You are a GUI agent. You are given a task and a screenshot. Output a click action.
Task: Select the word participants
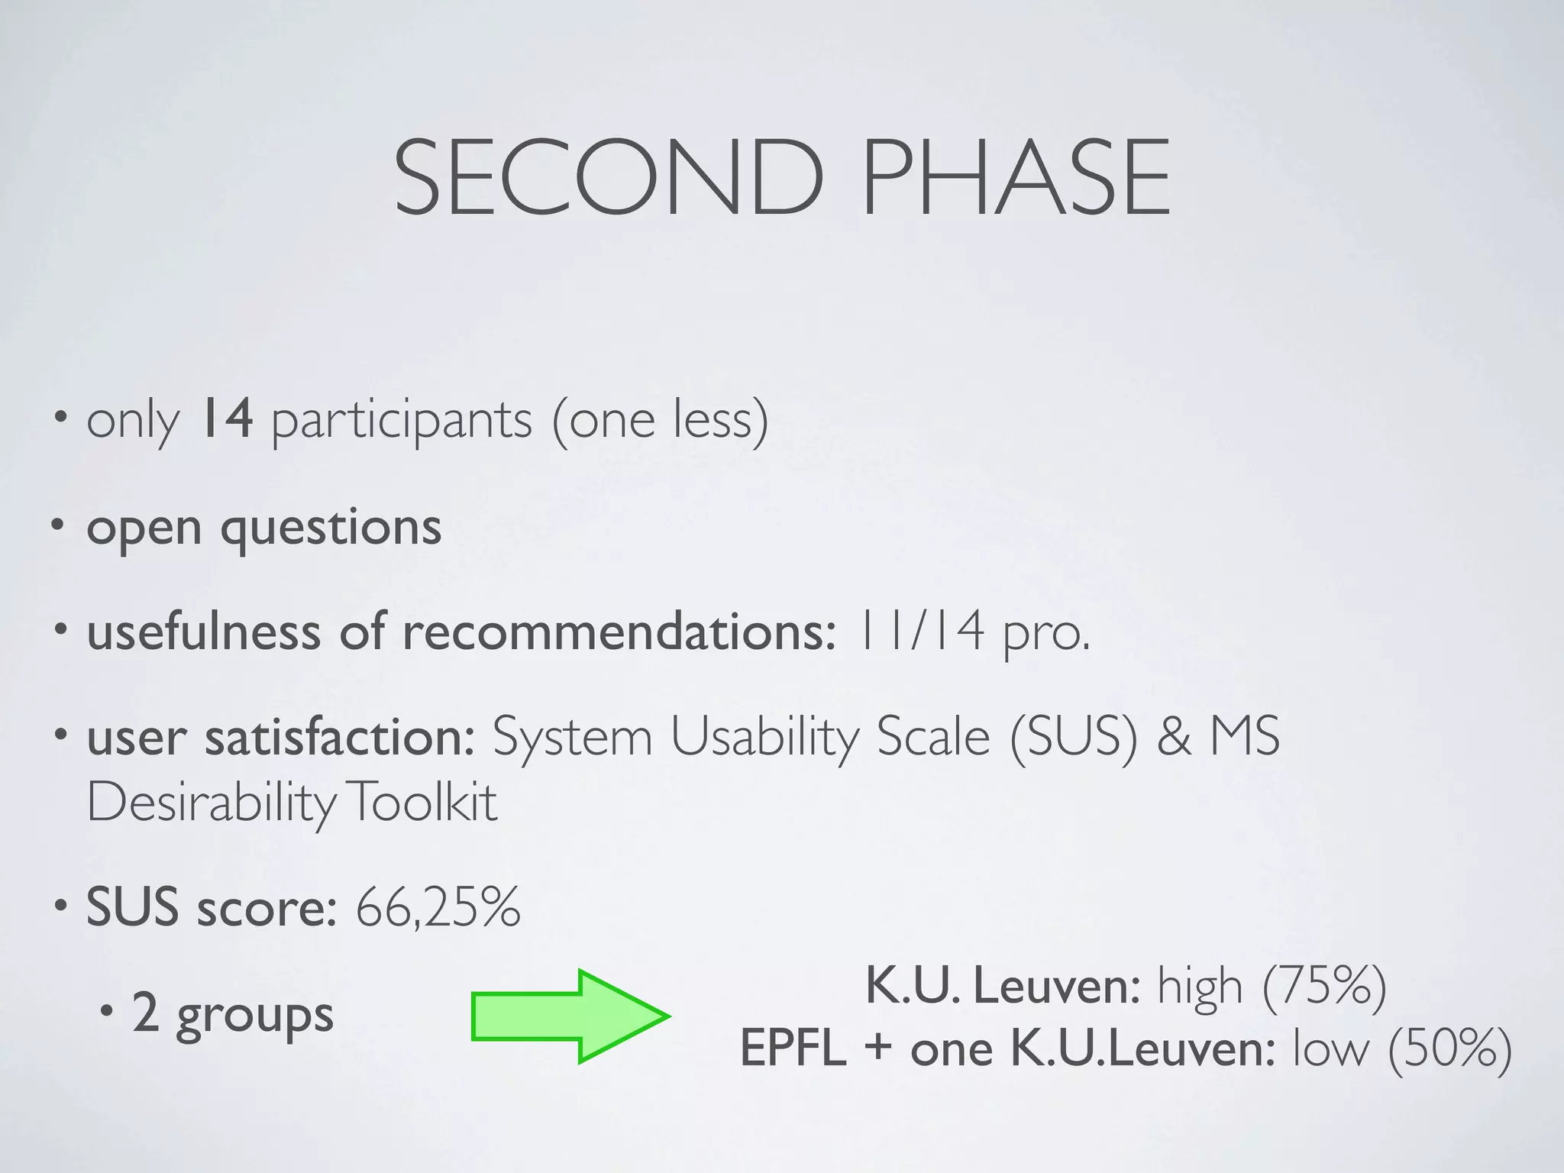pyautogui.click(x=402, y=422)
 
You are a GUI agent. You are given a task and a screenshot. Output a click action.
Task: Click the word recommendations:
pyautogui.click(x=619, y=633)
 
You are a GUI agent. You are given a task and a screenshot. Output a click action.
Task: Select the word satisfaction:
pyautogui.click(x=340, y=737)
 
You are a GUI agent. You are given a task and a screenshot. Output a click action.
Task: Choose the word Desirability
pyautogui.click(x=211, y=803)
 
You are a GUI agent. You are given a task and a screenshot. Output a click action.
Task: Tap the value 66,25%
pyautogui.click(x=438, y=907)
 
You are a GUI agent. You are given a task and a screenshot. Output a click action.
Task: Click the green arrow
pyautogui.click(x=569, y=1016)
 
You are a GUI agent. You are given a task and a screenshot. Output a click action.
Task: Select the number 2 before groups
pyautogui.click(x=145, y=1014)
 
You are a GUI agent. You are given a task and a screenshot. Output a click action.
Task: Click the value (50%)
pyautogui.click(x=1449, y=1049)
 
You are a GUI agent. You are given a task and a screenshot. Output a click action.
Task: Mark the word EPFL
pyautogui.click(x=793, y=1049)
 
